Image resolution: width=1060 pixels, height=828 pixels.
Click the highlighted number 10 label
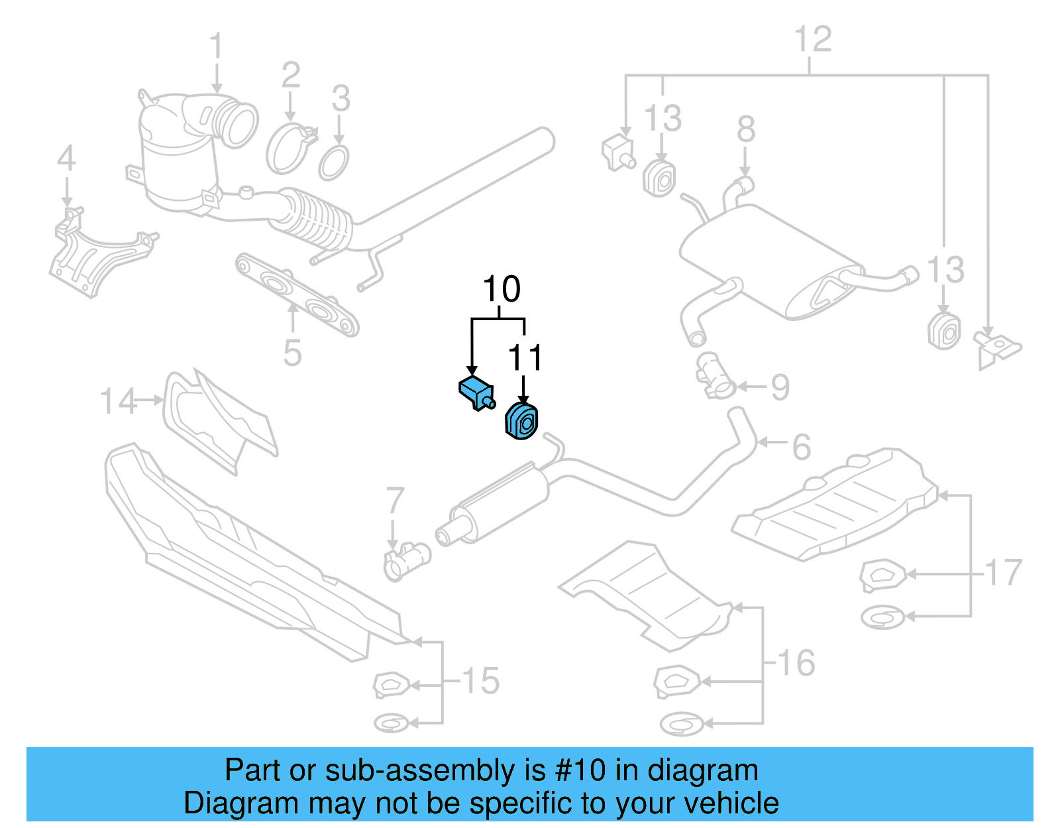click(x=502, y=290)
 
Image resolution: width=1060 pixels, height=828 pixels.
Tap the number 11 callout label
click(x=525, y=358)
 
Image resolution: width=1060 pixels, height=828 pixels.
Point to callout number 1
click(x=216, y=48)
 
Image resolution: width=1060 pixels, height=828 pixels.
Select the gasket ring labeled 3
click(x=333, y=163)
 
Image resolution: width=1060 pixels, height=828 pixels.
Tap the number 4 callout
click(x=66, y=159)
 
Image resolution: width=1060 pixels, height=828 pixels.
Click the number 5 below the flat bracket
click(x=292, y=353)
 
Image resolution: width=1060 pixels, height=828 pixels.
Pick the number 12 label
click(x=812, y=40)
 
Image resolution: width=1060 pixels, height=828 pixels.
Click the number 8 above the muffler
click(x=746, y=129)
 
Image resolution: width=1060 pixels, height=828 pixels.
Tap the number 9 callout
click(x=780, y=387)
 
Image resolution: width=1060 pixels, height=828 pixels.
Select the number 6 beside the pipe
click(x=802, y=447)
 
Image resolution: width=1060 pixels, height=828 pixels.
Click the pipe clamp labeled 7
click(x=406, y=560)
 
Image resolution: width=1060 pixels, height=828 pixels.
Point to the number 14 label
click(x=118, y=402)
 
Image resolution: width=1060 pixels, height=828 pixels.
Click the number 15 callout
click(x=480, y=681)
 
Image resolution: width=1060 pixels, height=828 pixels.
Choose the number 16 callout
click(x=796, y=663)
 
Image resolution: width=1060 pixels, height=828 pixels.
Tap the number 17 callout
click(x=1003, y=573)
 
